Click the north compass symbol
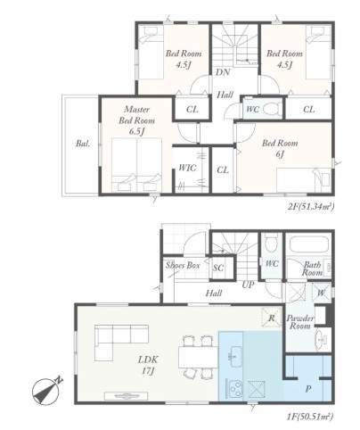pos(47,391)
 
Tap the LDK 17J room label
pos(148,365)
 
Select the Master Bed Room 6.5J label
pos(136,120)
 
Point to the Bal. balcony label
pos(83,144)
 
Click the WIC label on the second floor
pos(187,168)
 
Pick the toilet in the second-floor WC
pos(272,109)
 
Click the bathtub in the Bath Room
pos(309,244)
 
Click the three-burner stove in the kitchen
pos(234,388)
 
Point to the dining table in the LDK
pos(198,358)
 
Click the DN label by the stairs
pos(223,72)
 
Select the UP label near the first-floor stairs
pos(248,285)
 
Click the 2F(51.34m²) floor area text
pos(311,206)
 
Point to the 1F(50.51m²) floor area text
pos(310,417)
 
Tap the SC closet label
pos(218,268)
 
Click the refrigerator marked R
pos(271,318)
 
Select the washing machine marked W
pos(321,293)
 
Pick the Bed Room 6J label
pos(280,148)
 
